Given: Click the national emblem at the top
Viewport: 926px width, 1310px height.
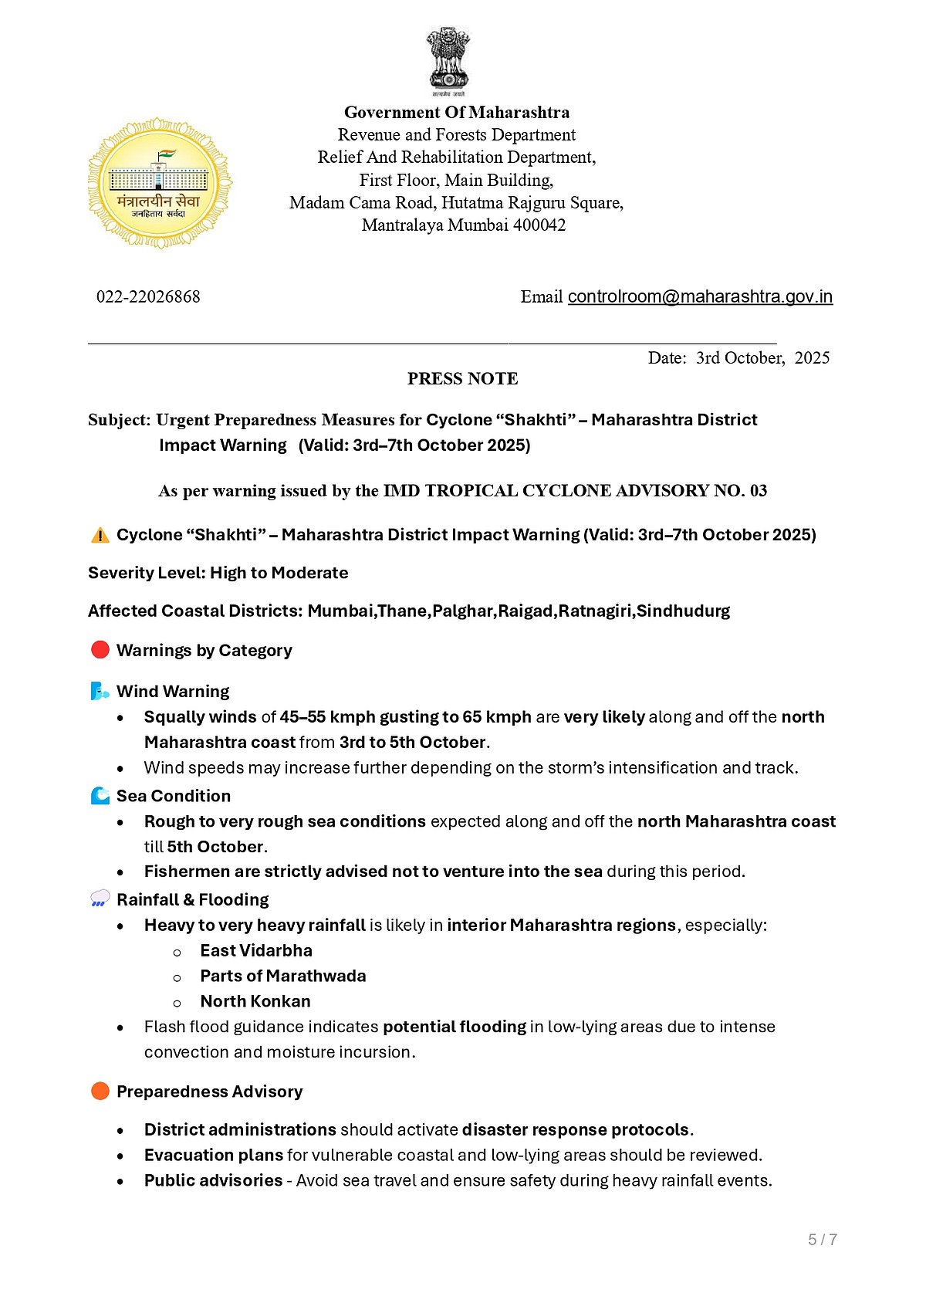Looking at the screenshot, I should click(x=448, y=60).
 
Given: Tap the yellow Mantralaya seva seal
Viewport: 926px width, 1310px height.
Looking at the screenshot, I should click(x=160, y=184).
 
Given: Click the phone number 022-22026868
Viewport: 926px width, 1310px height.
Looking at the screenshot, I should click(x=148, y=297).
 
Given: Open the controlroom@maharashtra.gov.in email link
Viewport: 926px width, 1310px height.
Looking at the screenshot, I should click(x=700, y=297).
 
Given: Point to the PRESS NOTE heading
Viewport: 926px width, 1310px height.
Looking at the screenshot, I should click(x=462, y=379).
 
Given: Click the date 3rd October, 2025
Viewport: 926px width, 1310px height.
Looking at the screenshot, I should click(x=762, y=358).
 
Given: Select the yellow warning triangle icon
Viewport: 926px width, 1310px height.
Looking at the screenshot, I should click(x=100, y=535).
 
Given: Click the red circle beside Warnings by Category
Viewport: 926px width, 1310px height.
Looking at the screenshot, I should click(x=100, y=650).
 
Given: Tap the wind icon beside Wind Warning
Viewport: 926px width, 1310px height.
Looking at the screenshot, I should click(x=100, y=691).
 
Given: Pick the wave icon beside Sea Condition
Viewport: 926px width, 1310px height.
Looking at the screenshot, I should click(x=100, y=796).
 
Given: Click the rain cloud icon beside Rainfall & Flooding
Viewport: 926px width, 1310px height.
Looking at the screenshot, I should click(x=100, y=899).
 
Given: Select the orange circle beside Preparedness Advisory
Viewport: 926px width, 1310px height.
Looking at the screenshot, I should click(x=100, y=1091).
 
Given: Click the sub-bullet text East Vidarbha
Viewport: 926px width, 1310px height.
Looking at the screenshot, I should click(x=256, y=951).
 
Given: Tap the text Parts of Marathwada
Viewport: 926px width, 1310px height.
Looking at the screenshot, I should click(x=283, y=977).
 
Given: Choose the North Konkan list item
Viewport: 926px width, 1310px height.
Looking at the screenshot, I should click(x=255, y=1002).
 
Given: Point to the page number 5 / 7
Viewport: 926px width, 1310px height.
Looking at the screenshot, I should click(x=823, y=1240).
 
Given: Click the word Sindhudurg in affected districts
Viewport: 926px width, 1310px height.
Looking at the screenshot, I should click(x=683, y=611).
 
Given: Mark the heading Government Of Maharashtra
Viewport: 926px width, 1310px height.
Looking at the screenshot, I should click(x=457, y=113).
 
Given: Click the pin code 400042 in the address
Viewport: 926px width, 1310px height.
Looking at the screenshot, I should click(x=539, y=225).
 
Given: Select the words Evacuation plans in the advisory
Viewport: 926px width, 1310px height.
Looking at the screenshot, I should click(x=214, y=1156).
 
